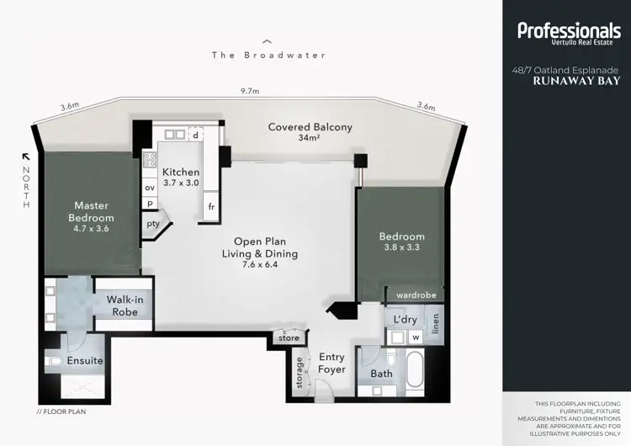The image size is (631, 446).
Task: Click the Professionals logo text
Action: [x=569, y=31]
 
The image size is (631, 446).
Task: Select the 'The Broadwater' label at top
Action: [x=268, y=55]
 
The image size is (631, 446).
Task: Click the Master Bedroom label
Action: [x=93, y=211]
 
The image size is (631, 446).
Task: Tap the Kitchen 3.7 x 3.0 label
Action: [x=181, y=177]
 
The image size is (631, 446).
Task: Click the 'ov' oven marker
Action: [x=150, y=187]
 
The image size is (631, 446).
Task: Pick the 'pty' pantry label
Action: [x=153, y=224]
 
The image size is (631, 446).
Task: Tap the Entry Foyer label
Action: [x=332, y=364]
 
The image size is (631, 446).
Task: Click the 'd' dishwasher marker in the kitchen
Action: [x=195, y=135]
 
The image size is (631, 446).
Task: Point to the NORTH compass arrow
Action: [x=26, y=157]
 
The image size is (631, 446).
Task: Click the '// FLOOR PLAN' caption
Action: [x=61, y=412]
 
